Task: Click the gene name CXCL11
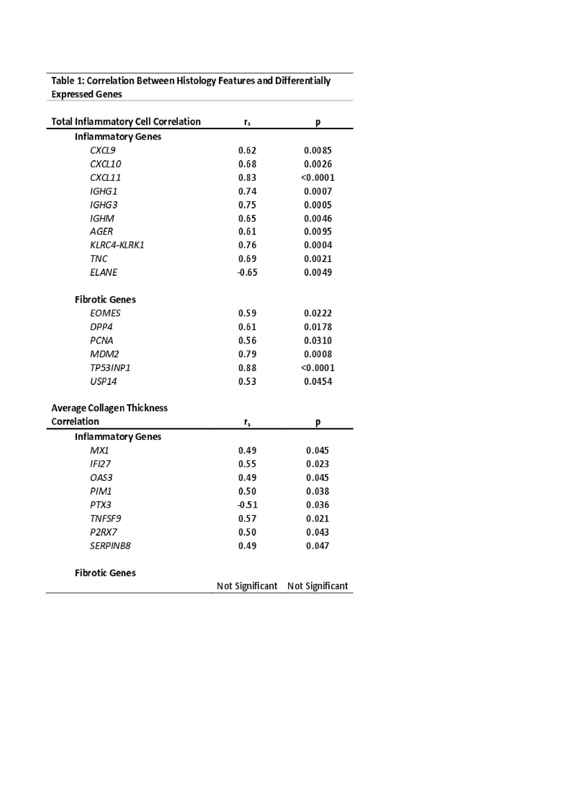click(x=105, y=177)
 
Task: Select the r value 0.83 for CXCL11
click(x=247, y=177)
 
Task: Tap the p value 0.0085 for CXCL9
click(x=318, y=150)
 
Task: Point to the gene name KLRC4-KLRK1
click(x=117, y=245)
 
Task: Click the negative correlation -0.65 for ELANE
click(x=247, y=272)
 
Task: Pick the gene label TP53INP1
click(x=110, y=368)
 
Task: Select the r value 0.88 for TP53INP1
click(x=247, y=368)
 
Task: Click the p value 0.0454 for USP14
click(x=318, y=381)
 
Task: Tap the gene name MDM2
click(x=105, y=354)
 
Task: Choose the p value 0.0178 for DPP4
click(x=318, y=327)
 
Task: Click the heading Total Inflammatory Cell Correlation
click(x=126, y=122)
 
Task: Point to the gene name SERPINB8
click(x=110, y=546)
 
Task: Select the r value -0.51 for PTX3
click(x=247, y=505)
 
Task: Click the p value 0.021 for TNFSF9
click(x=318, y=518)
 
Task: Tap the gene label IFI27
click(x=101, y=464)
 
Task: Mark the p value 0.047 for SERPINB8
click(x=318, y=546)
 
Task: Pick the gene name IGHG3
click(x=104, y=205)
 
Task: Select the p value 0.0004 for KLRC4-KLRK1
click(x=318, y=245)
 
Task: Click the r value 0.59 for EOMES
click(x=247, y=313)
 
